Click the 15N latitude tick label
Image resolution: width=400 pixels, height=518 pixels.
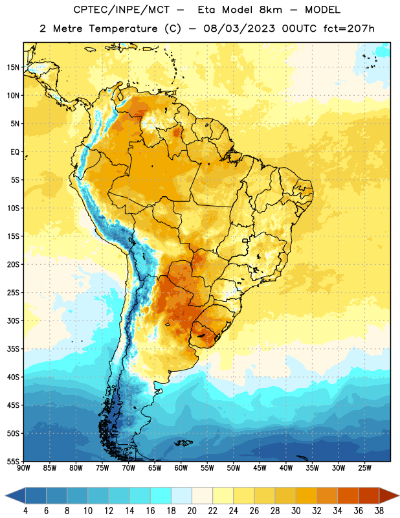point(13,67)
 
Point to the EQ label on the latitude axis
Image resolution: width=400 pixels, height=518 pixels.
point(15,152)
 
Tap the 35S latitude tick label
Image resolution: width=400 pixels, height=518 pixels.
point(13,349)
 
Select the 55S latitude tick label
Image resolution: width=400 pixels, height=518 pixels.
point(13,461)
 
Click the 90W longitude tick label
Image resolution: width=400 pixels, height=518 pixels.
point(23,468)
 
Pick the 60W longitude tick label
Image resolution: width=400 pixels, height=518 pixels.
point(181,468)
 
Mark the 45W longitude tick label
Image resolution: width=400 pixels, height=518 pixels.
point(260,468)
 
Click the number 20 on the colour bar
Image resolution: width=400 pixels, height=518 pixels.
point(192,511)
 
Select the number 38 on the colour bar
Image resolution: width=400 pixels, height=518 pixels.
point(379,511)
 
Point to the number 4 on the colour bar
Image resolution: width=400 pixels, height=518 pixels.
point(25,511)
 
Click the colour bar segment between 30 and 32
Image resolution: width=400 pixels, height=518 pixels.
point(306,495)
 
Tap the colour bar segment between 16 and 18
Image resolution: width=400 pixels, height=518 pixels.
point(161,495)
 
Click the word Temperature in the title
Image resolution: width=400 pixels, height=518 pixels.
point(123,28)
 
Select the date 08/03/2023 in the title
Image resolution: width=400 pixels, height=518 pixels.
point(239,28)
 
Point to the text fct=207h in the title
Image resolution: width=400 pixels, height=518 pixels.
point(349,28)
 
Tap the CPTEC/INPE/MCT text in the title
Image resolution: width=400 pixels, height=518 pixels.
point(121,10)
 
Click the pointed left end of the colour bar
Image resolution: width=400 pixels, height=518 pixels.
point(6,495)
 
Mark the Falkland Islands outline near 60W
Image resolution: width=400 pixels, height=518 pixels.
point(183,443)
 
